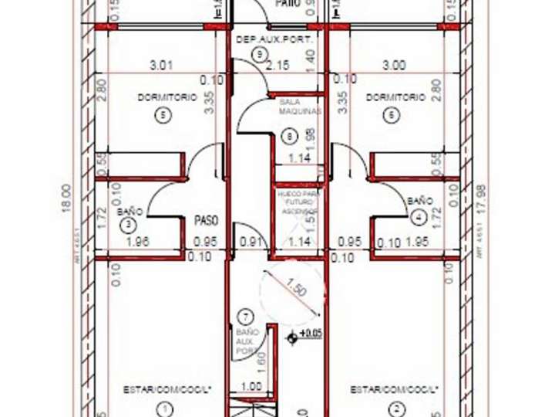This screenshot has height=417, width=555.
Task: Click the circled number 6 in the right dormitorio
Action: coord(392,115)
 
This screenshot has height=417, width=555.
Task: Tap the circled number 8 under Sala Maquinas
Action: coord(290,136)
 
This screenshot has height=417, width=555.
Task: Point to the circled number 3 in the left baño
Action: coord(128,224)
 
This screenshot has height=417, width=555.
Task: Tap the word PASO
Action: coord(206,220)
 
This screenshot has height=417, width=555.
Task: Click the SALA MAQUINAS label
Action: coord(298,106)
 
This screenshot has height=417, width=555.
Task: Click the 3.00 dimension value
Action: coord(393,66)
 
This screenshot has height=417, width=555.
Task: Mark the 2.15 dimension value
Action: coord(277,66)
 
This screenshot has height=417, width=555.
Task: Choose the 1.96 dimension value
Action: coord(136,242)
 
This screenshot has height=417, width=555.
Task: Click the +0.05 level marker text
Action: coord(311,334)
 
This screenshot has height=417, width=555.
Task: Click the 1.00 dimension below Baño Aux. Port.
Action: coord(251,388)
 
